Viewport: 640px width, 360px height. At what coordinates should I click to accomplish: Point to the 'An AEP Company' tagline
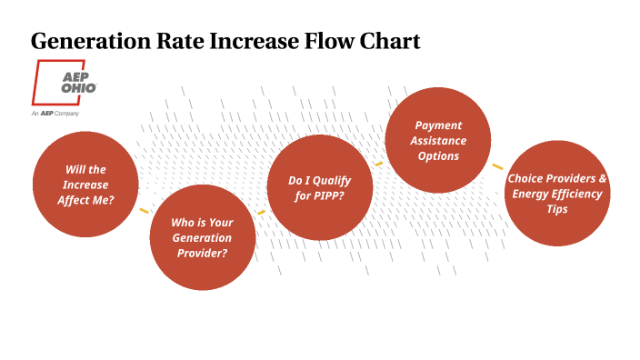pyautogui.click(x=55, y=113)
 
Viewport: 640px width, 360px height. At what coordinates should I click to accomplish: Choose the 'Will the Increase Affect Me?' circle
pyautogui.click(x=85, y=185)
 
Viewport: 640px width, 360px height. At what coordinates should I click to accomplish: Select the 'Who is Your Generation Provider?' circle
pyautogui.click(x=202, y=236)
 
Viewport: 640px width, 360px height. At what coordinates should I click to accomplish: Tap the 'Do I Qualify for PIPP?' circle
pyautogui.click(x=319, y=188)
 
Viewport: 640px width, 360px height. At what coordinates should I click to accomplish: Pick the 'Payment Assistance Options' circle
pyautogui.click(x=438, y=141)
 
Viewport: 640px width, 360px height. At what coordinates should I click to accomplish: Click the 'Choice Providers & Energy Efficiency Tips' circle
pyautogui.click(x=557, y=194)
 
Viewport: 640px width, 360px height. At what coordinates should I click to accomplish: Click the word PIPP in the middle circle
pyautogui.click(x=326, y=196)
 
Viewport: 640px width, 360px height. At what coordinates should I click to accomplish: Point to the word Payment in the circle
pyautogui.click(x=438, y=125)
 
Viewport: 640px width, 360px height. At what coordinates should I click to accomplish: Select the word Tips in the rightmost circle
pyautogui.click(x=557, y=209)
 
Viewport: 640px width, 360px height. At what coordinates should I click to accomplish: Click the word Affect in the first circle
pyautogui.click(x=76, y=200)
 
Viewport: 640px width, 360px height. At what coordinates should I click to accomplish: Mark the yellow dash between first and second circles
pyautogui.click(x=144, y=211)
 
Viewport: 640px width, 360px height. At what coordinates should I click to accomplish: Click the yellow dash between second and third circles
pyautogui.click(x=261, y=213)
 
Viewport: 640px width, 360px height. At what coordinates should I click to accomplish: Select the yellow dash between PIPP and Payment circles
pyautogui.click(x=379, y=165)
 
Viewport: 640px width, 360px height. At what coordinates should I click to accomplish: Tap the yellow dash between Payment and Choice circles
pyautogui.click(x=497, y=166)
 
